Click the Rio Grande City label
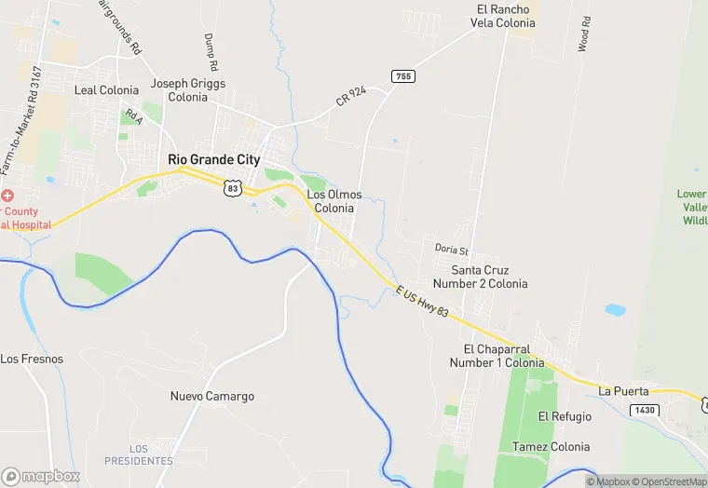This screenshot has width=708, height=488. pos(213,159)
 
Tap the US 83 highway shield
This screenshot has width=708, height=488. pos(232,188)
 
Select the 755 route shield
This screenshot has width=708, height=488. pos(402,75)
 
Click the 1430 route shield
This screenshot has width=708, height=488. pos(641,410)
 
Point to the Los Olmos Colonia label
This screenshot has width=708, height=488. pos(334,201)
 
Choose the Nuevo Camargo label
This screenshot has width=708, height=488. pos(211,396)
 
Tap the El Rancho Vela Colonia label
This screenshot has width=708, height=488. pos(499,16)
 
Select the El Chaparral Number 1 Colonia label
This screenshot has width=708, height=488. pos(489,356)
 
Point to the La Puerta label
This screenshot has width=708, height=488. pos(623,390)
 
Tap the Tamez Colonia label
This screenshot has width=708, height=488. pos(551,447)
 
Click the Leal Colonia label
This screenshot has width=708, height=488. pos(106,90)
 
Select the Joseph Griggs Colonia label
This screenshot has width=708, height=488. pos(188,89)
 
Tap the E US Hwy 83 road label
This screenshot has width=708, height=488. pos(422,305)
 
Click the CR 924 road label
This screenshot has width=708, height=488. pos(351,97)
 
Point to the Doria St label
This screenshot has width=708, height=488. pos(451,250)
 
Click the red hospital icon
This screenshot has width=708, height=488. pos(7,196)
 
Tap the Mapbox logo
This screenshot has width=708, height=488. pos(41,476)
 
